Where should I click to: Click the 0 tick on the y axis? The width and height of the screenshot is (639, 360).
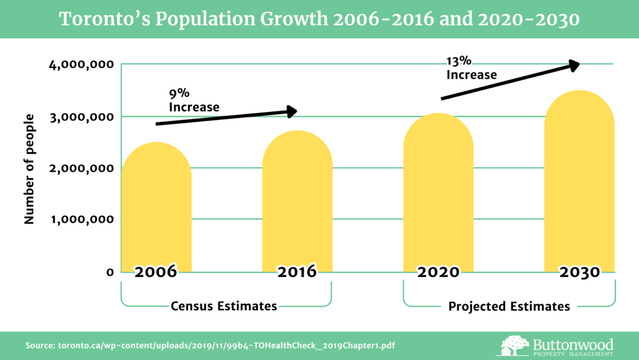click(109, 272)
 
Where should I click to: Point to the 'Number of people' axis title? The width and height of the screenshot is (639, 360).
click(29, 169)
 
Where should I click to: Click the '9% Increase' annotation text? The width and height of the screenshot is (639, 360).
click(193, 101)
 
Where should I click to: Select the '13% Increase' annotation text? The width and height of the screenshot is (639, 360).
click(471, 68)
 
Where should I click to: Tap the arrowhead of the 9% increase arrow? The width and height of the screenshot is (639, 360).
click(291, 111)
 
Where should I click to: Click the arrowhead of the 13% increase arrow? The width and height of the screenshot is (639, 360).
click(573, 65)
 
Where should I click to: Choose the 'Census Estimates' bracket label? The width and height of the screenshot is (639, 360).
click(224, 306)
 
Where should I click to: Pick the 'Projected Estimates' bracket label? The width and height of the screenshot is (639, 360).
click(509, 306)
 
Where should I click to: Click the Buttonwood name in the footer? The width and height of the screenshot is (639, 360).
click(573, 343)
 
